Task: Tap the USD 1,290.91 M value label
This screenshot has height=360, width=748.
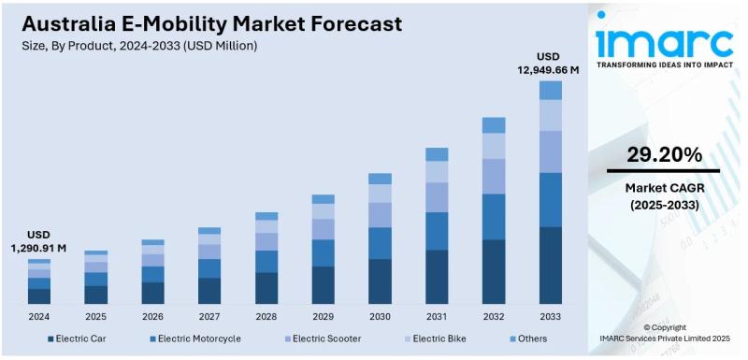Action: click(38, 241)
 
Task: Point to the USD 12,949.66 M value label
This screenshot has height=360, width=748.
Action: click(549, 62)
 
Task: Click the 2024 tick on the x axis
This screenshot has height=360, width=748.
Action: click(38, 316)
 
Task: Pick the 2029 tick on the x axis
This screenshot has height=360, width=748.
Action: click(323, 316)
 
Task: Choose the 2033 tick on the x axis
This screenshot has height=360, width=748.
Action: click(551, 316)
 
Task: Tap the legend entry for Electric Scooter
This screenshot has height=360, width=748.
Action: click(322, 338)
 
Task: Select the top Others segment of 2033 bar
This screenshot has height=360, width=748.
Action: click(551, 90)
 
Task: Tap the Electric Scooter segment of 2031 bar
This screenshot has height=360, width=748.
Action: click(437, 196)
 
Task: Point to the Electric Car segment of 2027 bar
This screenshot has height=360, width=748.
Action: click(209, 290)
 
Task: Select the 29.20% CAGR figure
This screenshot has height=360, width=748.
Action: click(663, 153)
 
